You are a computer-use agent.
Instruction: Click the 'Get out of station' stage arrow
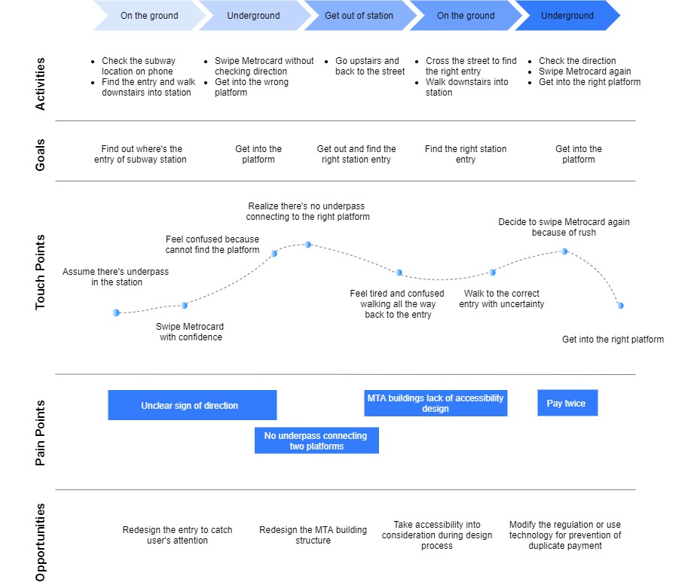pos(359,15)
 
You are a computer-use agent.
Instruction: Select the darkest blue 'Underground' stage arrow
pos(567,15)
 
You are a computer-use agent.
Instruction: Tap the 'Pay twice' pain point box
pos(567,404)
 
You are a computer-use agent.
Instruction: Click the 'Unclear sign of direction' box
pos(190,406)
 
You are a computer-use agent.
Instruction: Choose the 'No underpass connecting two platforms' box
pos(316,440)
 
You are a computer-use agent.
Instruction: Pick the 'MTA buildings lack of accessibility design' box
pos(436,403)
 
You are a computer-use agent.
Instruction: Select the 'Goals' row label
pos(41,154)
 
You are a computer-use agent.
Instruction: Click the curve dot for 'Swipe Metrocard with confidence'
pos(185,305)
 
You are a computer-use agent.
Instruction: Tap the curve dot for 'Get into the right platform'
pos(619,306)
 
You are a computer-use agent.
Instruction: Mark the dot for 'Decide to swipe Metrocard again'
pos(564,251)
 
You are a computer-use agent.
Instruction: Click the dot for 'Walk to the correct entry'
pos(492,272)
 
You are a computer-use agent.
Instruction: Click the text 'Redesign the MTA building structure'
pos(313,535)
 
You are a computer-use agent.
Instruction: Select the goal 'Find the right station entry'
pos(466,154)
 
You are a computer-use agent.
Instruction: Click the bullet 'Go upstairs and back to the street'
pos(369,66)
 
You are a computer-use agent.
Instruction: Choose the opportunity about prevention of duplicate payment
pos(565,535)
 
